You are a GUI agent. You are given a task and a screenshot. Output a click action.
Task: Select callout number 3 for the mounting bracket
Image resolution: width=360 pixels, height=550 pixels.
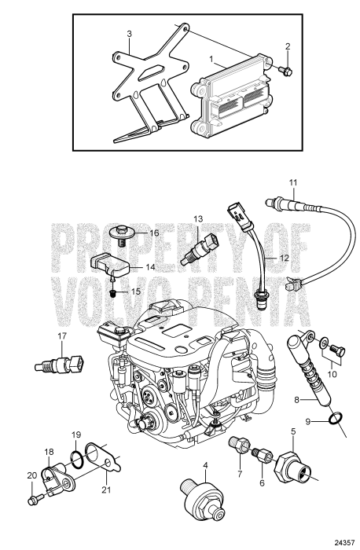pyautogui.click(x=130, y=34)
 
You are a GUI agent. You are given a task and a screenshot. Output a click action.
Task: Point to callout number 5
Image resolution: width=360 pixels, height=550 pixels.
pyautogui.click(x=293, y=431)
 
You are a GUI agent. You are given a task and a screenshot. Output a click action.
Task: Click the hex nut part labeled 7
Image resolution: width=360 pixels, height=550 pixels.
pyautogui.click(x=238, y=445)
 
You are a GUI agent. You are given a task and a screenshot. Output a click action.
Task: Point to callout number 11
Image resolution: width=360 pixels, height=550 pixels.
pyautogui.click(x=292, y=185)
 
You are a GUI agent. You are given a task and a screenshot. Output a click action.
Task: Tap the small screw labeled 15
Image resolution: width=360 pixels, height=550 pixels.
pyautogui.click(x=113, y=292)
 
